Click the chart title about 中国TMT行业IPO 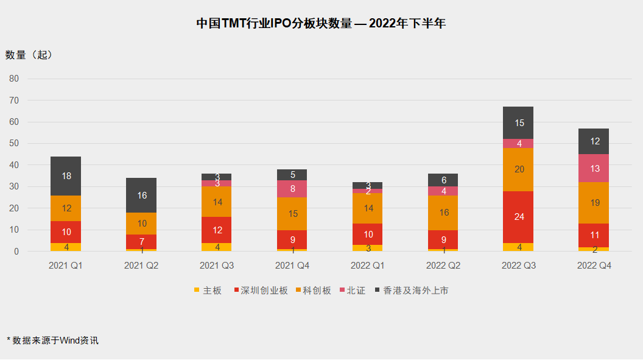[x=321, y=24]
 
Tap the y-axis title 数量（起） [x=29, y=55]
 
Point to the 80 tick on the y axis [x=14, y=79]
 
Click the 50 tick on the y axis [x=14, y=144]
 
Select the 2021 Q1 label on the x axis [x=66, y=266]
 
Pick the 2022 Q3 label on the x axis [x=519, y=266]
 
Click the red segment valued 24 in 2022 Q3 [x=519, y=217]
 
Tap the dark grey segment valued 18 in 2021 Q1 [x=66, y=176]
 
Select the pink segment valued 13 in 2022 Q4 [x=594, y=168]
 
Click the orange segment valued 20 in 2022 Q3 [x=519, y=169]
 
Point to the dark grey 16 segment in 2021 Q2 [x=141, y=196]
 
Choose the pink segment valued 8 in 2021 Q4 [x=292, y=189]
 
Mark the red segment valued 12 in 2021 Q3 [x=217, y=230]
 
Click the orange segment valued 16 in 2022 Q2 [x=443, y=213]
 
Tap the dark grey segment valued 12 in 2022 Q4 [x=594, y=141]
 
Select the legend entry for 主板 [x=208, y=291]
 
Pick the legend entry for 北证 [x=351, y=291]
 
